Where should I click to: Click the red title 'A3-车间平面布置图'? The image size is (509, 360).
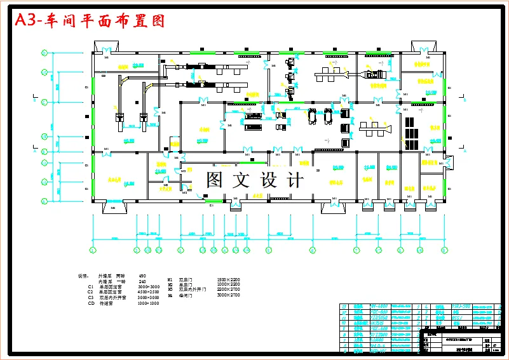click(x=90, y=20)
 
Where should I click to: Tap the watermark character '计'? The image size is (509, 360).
click(x=295, y=180)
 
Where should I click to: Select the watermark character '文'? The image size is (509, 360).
click(x=241, y=180)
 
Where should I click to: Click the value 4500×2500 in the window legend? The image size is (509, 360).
click(x=148, y=292)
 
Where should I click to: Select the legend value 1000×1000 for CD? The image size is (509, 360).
click(x=148, y=303)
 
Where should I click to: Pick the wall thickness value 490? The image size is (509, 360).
click(x=142, y=276)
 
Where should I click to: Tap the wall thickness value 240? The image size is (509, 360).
click(x=142, y=281)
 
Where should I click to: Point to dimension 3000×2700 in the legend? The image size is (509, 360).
click(x=228, y=295)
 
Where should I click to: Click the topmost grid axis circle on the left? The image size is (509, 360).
click(x=44, y=53)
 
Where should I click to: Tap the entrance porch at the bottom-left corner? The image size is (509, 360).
click(x=113, y=207)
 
